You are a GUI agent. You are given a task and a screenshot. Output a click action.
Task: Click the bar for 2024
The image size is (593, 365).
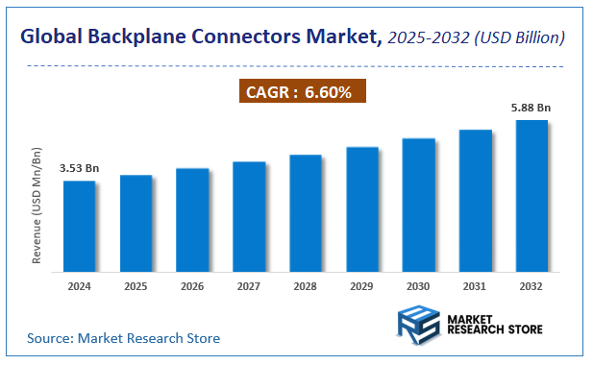(x=79, y=227)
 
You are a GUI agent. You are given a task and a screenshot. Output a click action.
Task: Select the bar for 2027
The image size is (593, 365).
(x=249, y=217)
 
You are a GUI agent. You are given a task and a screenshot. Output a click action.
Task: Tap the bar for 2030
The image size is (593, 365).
(x=419, y=206)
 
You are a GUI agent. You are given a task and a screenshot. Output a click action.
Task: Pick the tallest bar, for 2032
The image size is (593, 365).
(x=531, y=196)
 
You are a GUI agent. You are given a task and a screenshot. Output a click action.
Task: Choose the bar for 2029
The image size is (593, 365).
(x=362, y=210)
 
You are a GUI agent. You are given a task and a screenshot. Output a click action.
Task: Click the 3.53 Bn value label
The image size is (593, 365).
(x=79, y=168)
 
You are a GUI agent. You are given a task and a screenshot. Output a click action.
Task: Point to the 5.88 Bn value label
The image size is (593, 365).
(x=531, y=108)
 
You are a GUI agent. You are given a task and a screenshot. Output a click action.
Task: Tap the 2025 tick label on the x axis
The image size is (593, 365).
(x=136, y=286)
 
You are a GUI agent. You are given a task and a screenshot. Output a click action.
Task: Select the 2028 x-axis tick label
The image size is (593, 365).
(x=306, y=286)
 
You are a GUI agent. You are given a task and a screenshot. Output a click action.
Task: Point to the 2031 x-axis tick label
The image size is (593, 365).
(x=475, y=286)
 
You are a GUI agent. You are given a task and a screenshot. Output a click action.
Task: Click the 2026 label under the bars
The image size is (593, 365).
(x=192, y=286)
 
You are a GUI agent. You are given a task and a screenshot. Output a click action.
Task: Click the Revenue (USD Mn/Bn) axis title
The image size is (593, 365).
(x=37, y=207)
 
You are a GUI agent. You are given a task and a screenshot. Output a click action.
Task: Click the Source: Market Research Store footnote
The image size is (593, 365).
(x=123, y=338)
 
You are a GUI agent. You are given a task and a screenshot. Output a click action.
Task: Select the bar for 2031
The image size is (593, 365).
(x=475, y=201)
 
